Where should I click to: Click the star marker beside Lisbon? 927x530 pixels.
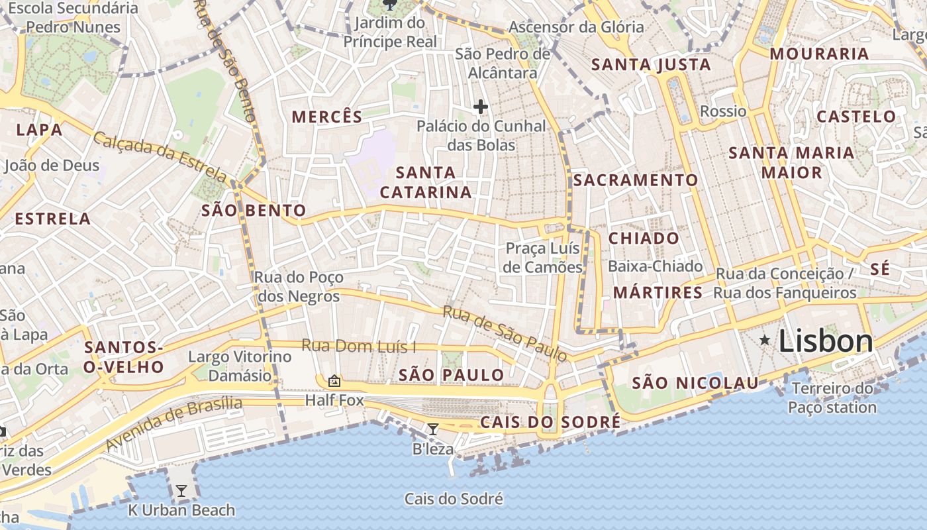pos(765,341)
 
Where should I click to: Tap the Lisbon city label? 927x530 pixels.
pos(826,341)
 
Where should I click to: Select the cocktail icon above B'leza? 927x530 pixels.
pos(433,429)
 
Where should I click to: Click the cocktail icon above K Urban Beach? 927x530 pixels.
pos(181,491)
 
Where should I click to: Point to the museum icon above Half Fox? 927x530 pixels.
pos(334,381)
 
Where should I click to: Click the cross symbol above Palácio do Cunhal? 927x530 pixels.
pos(481,106)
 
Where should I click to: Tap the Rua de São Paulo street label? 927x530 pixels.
pos(505,333)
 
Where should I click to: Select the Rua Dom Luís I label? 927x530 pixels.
pos(359,346)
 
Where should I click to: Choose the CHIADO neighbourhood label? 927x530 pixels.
pos(644,238)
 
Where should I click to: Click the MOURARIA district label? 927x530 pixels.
pos(818,54)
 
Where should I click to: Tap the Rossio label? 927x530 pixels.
pos(723,111)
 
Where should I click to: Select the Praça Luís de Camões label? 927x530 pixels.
pos(543,258)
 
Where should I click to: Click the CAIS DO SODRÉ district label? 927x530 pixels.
pos(550,422)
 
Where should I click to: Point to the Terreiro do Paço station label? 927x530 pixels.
pos(832,397)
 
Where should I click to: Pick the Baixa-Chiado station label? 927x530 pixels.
pos(655,266)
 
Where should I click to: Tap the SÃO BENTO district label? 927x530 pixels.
pos(254,211)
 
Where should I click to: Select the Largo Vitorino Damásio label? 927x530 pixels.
pos(240,366)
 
